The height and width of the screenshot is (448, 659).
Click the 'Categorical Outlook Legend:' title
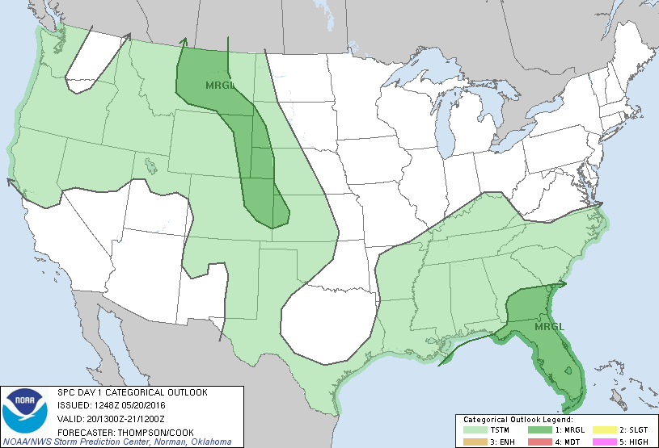click(517, 421)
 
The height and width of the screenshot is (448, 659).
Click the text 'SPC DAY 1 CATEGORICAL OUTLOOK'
click(132, 392)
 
